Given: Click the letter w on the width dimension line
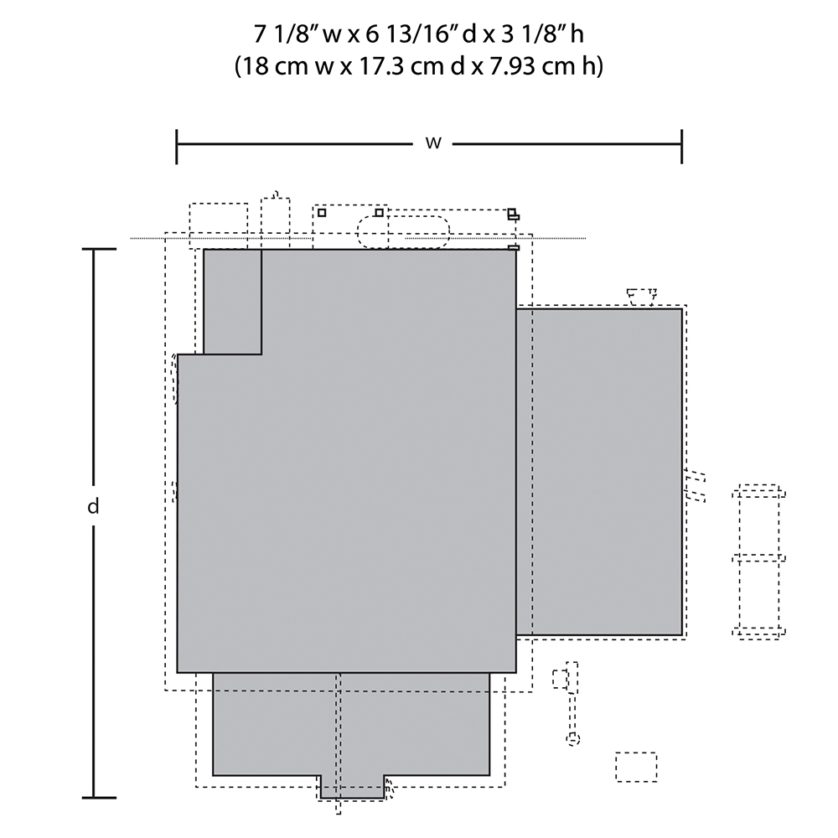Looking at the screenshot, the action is pos(433,143).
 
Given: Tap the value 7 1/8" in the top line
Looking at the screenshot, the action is pos(286,34).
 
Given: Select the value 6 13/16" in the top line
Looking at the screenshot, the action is pos(412,34).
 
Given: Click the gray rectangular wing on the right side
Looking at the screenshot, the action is pos(599,471).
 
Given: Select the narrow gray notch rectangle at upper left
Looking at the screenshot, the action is pos(232,302).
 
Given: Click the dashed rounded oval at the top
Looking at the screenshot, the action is pos(403,232).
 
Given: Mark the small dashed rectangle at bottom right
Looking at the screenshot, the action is pos(636,767).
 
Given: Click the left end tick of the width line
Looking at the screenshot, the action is pos(177,146).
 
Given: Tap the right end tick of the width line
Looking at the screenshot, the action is pos(681,146).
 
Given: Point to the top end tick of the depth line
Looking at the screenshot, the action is pos(99,249).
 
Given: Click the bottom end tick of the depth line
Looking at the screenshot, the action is pos(99,798).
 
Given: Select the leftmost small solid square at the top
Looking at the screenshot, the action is pos(322,213).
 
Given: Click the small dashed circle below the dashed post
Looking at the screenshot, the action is pos(573,739).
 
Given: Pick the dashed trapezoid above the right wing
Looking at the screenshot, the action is pos(641,297).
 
